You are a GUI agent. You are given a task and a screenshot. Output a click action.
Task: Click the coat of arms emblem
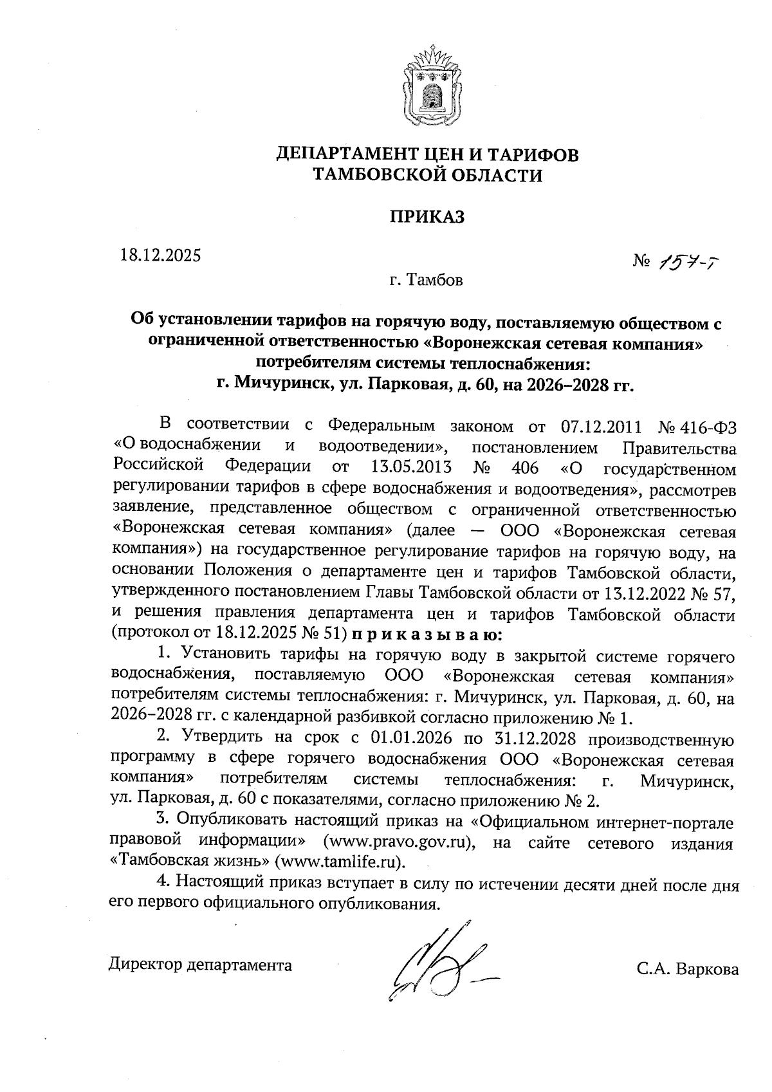pyautogui.click(x=427, y=83)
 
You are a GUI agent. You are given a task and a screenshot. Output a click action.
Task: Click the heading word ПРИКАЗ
pyautogui.click(x=427, y=217)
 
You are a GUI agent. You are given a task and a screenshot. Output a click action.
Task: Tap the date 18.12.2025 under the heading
pyautogui.click(x=161, y=255)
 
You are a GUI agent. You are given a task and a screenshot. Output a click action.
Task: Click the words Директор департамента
pyautogui.click(x=200, y=965)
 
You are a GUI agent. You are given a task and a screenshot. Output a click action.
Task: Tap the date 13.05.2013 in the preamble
pyautogui.click(x=411, y=466)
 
